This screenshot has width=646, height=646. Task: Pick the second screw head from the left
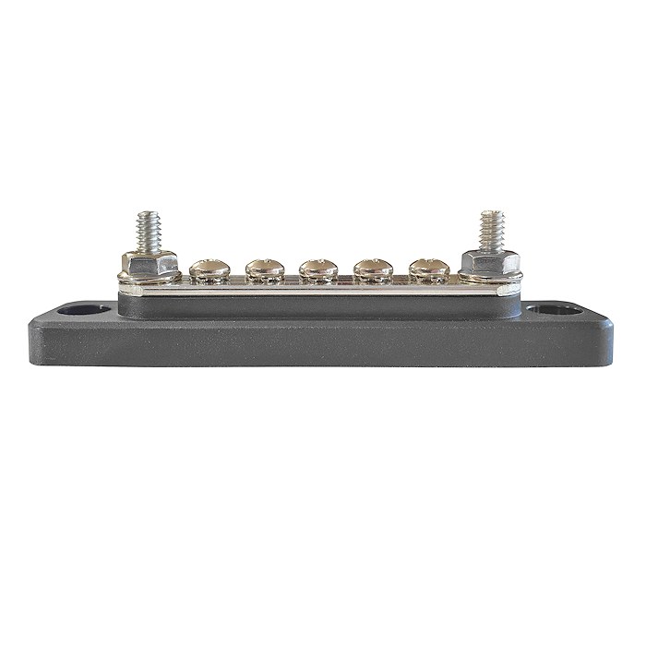pyautogui.click(x=261, y=269)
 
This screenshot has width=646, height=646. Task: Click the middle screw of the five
pyautogui.click(x=316, y=269)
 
